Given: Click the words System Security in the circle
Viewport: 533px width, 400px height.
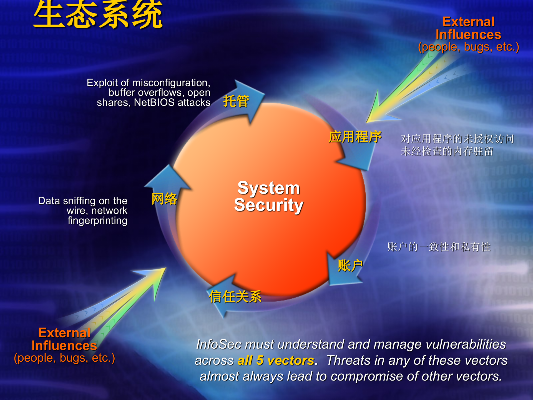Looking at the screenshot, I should click(268, 196).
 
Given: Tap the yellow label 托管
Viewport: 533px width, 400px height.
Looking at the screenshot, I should click(236, 101).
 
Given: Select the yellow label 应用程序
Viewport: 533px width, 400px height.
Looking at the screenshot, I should click(355, 137).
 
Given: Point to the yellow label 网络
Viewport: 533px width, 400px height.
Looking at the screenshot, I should click(164, 199).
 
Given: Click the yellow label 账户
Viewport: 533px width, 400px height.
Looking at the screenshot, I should click(350, 266).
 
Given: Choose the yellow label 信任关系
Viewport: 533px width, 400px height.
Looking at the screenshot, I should click(235, 297).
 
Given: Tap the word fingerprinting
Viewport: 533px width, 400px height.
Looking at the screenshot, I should click(97, 221).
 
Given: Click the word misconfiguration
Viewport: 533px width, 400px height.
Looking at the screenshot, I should click(171, 83).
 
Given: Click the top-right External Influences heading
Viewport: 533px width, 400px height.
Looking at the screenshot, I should click(468, 28).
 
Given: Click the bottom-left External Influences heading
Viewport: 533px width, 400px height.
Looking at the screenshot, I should click(64, 339).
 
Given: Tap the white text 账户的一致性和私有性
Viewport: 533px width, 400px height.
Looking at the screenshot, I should click(439, 247).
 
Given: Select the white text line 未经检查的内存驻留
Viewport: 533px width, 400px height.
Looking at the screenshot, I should click(447, 151).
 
